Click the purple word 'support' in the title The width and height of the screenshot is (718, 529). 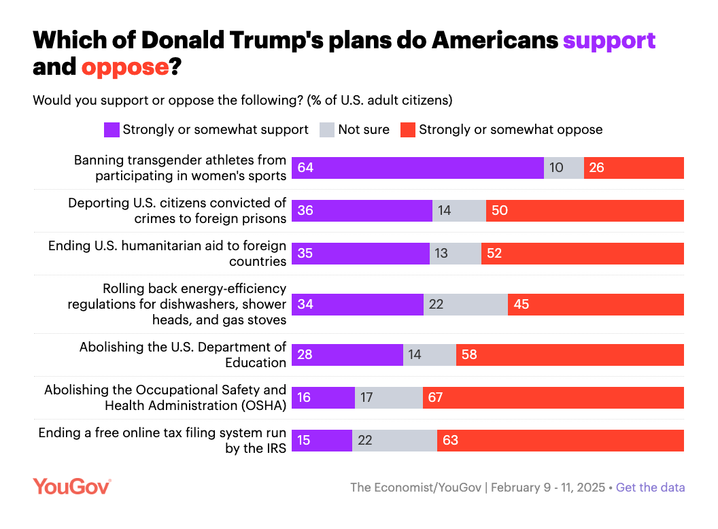[609, 40]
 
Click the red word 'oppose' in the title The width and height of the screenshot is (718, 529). [125, 67]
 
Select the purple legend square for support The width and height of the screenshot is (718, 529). [112, 130]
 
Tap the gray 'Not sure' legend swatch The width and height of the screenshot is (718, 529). [327, 130]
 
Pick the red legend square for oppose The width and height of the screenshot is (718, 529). [407, 130]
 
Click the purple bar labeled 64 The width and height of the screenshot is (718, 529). [417, 168]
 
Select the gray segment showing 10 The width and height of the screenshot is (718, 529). [564, 168]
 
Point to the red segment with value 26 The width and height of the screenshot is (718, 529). [634, 168]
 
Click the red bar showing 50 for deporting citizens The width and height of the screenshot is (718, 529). [585, 211]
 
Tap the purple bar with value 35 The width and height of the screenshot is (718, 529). [360, 254]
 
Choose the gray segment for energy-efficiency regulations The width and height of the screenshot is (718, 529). [465, 304]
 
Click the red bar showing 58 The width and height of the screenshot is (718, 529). [570, 355]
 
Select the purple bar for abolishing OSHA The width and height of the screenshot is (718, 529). [323, 398]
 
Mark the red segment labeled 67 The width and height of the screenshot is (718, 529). [553, 398]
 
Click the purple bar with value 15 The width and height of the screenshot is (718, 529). [322, 441]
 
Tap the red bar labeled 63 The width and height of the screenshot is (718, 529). [560, 441]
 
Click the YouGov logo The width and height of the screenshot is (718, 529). [71, 486]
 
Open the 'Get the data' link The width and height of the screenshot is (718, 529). [650, 488]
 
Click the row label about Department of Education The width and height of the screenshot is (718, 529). [183, 355]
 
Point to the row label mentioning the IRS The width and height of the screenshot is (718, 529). [163, 441]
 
